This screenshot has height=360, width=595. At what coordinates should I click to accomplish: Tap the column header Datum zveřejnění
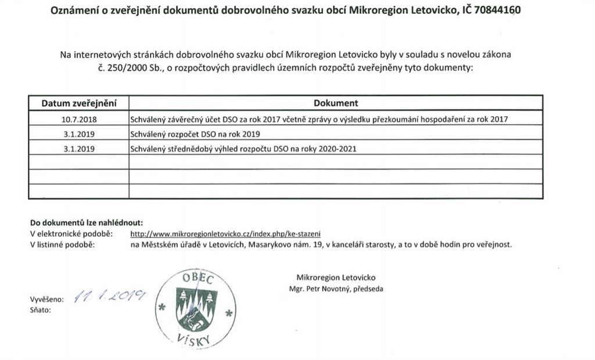click(x=78, y=103)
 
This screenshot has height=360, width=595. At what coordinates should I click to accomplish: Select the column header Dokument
click(x=336, y=103)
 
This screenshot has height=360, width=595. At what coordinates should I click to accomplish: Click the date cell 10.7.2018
click(x=78, y=119)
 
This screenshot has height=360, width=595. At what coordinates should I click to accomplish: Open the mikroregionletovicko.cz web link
click(x=225, y=233)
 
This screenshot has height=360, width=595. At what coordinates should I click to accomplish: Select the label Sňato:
click(x=40, y=310)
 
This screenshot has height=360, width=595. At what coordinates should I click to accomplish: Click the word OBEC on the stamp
click(x=198, y=278)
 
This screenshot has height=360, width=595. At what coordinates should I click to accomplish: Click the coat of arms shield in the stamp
click(x=197, y=308)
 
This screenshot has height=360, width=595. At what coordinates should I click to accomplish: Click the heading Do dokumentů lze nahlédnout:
click(x=86, y=222)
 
